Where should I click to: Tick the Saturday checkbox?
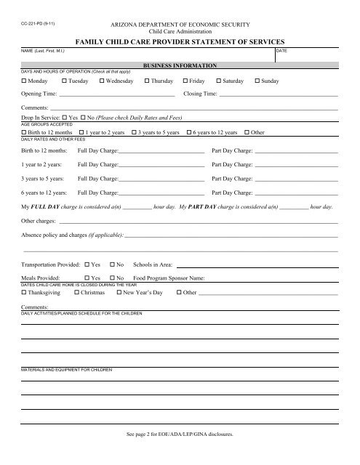point(217,81)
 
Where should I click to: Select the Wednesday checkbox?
point(101,81)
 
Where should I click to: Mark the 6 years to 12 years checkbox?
point(190,133)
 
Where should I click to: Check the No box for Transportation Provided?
point(112,265)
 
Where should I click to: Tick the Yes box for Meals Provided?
point(87,278)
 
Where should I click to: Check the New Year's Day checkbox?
point(119,293)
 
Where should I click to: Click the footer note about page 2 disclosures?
point(180,451)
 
